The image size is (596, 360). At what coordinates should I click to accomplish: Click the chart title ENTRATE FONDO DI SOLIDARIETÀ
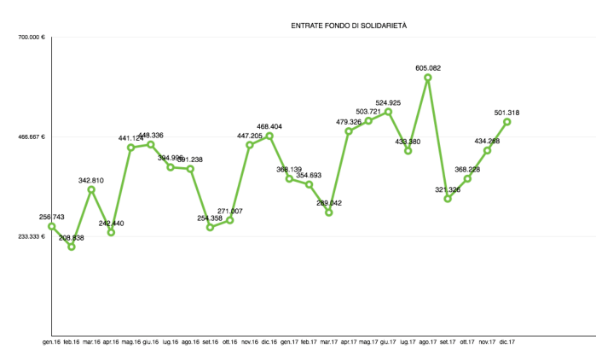pos(349,26)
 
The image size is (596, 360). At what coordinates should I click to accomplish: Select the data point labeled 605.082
pos(428,78)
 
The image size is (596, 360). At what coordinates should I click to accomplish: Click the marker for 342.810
pos(91,189)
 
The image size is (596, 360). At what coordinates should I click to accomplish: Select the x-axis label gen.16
pos(52,342)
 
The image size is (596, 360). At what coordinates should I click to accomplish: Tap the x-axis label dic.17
pos(507,342)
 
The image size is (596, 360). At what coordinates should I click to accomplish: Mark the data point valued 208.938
pos(72,247)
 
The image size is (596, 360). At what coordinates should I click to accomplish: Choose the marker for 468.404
pos(269,136)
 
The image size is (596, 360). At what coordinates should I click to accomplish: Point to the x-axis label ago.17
pos(428,342)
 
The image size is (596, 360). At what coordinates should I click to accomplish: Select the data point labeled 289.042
pos(329,212)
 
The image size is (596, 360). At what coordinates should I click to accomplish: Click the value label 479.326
pos(349,122)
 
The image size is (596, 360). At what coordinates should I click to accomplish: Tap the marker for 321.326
pos(448,199)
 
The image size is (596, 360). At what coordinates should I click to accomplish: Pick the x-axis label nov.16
pos(250,342)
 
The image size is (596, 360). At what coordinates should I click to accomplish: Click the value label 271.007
pos(230,211)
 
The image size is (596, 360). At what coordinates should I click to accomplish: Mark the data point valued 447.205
pos(250,145)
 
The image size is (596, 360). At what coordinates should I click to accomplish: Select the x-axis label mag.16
pos(131,342)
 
